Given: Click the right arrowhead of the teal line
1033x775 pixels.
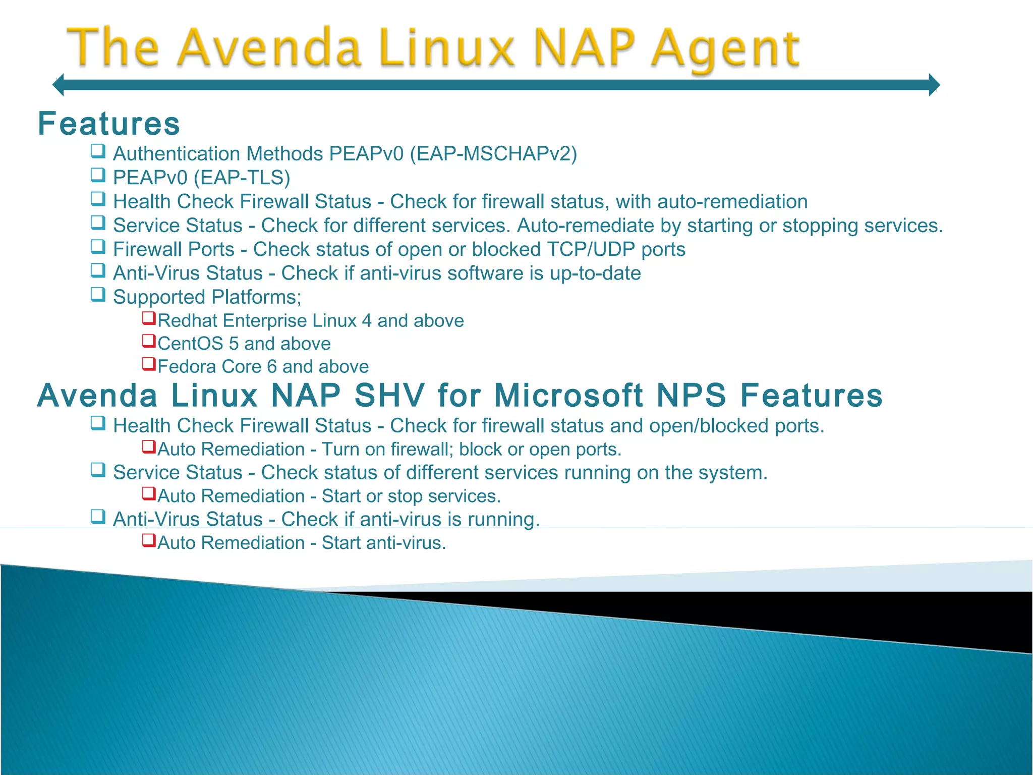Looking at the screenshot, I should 934,84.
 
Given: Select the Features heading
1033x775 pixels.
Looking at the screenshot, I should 109,124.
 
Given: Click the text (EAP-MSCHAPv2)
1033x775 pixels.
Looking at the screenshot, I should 493,154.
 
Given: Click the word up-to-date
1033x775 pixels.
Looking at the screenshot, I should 595,273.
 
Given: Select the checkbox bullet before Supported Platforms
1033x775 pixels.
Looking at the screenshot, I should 98,294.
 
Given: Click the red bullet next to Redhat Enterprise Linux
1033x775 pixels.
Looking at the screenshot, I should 148,318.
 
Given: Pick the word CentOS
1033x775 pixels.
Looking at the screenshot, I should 190,344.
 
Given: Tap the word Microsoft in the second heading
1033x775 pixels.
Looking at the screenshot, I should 569,395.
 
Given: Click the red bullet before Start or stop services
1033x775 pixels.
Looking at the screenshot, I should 148,493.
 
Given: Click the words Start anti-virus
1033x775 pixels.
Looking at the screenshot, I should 384,543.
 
